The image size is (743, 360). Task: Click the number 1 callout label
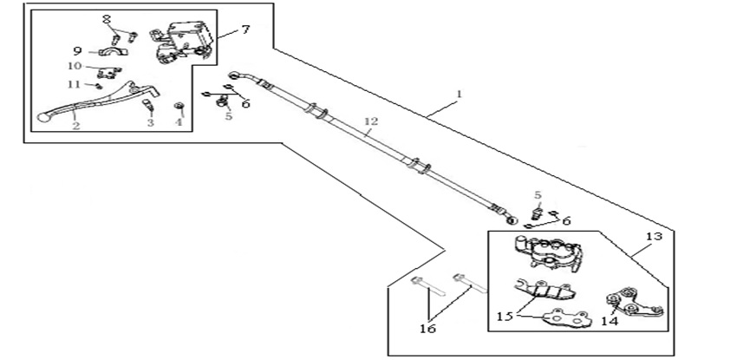click(459, 93)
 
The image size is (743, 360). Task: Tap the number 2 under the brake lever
click(76, 127)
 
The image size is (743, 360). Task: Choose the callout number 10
click(75, 66)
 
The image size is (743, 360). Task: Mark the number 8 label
click(107, 18)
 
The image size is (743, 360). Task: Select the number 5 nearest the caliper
click(538, 195)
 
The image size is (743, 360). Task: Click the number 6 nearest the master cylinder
click(245, 104)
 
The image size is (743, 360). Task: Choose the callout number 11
click(75, 83)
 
